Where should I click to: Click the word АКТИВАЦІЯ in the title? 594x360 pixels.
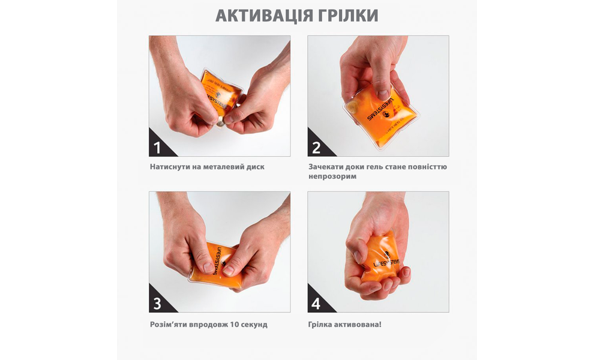260,16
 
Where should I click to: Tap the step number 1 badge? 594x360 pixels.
158,148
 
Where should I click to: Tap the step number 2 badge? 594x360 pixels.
316,148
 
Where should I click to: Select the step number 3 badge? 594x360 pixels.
158,304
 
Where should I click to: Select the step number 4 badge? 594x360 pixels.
316,304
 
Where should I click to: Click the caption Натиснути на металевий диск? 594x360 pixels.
207,167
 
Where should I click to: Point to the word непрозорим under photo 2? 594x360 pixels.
332,177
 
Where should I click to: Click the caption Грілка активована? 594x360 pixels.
345,325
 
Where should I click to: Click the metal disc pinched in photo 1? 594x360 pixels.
220,122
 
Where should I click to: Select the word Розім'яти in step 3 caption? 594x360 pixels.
169,325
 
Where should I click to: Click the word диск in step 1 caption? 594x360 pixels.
254,167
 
